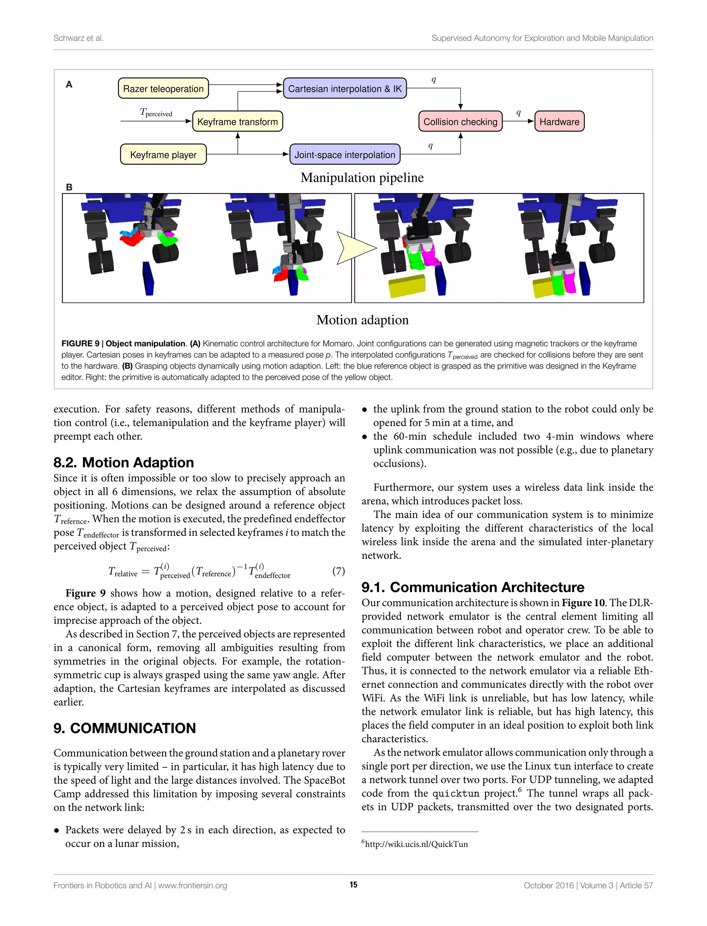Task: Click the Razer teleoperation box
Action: pos(163,88)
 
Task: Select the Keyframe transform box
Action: pos(238,122)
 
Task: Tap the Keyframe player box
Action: pos(163,154)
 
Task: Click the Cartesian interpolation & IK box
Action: pos(345,88)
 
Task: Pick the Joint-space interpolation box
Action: pos(345,154)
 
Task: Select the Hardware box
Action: pos(559,122)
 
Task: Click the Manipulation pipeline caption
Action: pos(362,177)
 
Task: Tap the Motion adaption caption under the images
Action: pos(362,320)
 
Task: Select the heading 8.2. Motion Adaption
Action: pos(123,463)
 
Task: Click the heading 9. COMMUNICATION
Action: pos(125,728)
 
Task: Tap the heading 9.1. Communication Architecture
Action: pos(473,587)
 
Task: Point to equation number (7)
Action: pos(338,571)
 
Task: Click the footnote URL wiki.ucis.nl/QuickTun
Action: pos(416,844)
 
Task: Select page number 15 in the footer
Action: pos(353,885)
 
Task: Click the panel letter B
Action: pos(69,187)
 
